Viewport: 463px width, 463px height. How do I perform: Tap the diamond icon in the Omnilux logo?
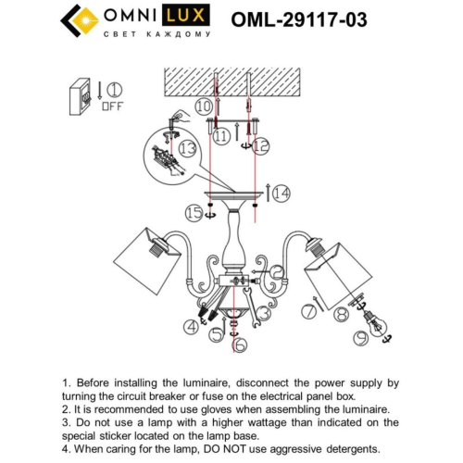pos(80,19)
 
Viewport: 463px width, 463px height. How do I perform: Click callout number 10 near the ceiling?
pos(204,107)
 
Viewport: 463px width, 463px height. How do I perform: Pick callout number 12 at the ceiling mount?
pos(260,144)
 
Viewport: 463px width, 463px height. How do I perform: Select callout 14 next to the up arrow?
pos(281,193)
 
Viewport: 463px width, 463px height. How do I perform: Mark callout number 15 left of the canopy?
pos(192,214)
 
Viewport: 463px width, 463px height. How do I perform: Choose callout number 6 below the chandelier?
pos(241,346)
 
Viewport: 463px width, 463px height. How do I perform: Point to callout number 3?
pos(264,313)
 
